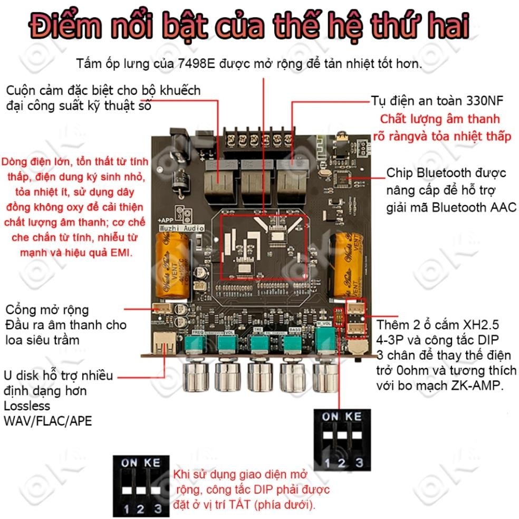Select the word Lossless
pos(27,406)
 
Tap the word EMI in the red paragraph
pos(122,253)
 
